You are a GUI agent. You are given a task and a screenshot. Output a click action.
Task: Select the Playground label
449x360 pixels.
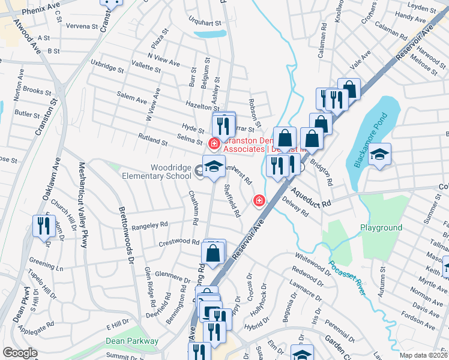(x=381, y=228)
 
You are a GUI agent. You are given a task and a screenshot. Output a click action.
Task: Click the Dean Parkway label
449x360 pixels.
(x=132, y=341)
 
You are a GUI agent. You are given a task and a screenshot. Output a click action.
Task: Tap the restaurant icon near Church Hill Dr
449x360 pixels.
(x=43, y=226)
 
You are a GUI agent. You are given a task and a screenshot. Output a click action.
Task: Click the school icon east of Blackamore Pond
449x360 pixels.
(x=379, y=155)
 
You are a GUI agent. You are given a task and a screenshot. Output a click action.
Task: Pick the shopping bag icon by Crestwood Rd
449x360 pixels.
(x=213, y=253)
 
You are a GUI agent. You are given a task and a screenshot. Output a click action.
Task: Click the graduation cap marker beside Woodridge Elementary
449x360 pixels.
(x=213, y=166)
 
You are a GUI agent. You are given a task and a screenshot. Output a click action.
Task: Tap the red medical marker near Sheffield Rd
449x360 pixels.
(x=259, y=200)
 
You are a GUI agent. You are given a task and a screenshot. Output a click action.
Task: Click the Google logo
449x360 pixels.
(x=20, y=353)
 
